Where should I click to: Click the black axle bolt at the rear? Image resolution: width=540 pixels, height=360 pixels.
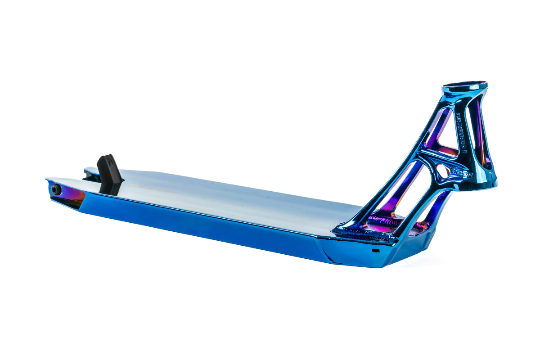click(56, 189)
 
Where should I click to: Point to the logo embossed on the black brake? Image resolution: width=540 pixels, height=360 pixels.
click(107, 162)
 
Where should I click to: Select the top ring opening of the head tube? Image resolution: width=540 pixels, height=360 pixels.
click(464, 86)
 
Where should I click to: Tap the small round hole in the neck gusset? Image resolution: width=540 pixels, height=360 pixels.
click(443, 171)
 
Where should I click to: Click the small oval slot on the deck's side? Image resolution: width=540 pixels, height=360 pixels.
click(376, 250)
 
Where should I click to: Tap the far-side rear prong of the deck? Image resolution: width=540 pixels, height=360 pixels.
click(90, 171)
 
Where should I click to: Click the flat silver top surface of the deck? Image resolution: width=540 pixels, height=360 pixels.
click(234, 198)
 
